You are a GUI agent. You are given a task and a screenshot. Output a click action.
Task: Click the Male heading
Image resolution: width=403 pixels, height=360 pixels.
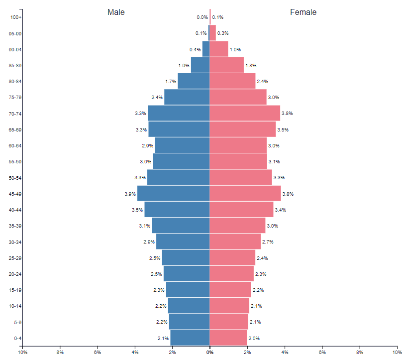116,12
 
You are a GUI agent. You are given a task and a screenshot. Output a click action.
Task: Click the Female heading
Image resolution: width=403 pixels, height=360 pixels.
303,12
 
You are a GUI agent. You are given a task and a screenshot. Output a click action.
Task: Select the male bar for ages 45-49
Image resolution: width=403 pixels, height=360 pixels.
173,194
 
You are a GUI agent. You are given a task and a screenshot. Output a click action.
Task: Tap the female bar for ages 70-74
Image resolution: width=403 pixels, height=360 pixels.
245,114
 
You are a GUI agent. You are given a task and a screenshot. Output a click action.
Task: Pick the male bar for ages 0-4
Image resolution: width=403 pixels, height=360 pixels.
190,338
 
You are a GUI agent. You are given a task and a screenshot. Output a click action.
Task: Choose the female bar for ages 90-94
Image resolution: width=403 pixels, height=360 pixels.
219,49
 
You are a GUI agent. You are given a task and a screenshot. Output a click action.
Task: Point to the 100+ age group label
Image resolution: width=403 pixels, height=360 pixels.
16,17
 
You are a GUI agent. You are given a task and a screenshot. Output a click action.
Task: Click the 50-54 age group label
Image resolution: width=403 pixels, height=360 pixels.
15,178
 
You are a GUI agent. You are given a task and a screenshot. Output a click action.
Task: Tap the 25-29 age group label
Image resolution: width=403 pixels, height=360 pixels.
15,258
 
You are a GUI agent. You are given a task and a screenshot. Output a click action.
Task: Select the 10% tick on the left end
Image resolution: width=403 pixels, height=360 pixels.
22,352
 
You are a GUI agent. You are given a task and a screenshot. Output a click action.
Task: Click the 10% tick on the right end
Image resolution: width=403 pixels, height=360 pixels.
397,352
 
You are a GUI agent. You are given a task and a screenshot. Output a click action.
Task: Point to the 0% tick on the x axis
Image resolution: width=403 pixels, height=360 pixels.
210,352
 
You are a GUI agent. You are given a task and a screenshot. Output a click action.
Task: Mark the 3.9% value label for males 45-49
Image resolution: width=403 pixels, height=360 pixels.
130,194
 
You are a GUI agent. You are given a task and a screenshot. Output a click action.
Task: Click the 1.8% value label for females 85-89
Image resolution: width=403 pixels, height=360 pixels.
251,65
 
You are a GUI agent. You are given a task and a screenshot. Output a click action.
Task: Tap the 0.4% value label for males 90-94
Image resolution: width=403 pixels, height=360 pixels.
195,49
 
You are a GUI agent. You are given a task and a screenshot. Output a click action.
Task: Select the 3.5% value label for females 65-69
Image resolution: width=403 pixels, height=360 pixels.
283,129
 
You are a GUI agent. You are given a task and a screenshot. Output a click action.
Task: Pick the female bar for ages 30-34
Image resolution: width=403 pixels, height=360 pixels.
235,242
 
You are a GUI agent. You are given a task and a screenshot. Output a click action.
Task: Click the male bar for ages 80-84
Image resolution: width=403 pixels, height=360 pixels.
194,81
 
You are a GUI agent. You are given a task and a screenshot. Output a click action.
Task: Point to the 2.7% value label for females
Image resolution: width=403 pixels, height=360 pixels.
268,242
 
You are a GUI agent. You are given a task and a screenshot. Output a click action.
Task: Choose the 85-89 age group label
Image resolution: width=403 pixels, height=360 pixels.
15,65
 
